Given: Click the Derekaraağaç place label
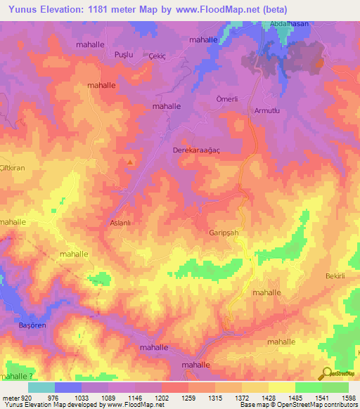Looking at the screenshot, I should point(195,150).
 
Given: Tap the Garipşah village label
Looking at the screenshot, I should point(224,232).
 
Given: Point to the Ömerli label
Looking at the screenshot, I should point(226,98).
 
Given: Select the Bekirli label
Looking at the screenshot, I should point(335,277).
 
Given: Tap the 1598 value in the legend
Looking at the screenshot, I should point(349,397).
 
